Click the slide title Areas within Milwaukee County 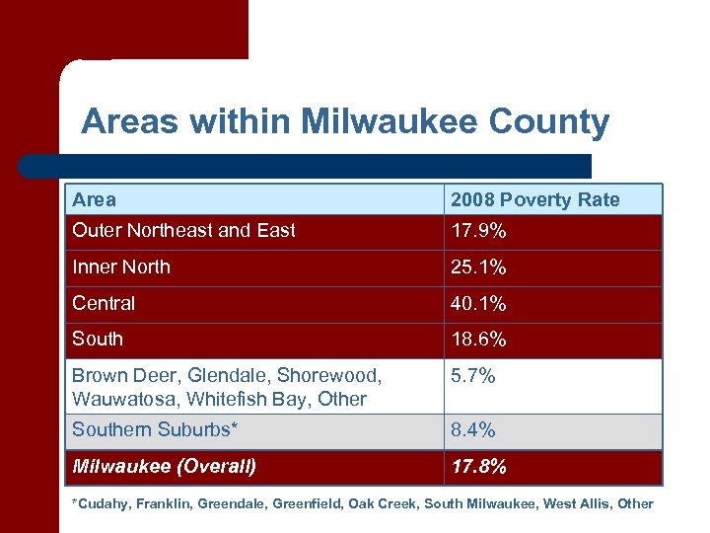[345, 122]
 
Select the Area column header [94, 199]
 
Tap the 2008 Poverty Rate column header [534, 199]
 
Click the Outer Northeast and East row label [183, 231]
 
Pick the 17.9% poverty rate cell [478, 231]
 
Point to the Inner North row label [120, 267]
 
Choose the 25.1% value [478, 267]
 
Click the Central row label [104, 303]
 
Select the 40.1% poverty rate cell [478, 303]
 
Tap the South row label [98, 340]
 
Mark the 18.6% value [478, 340]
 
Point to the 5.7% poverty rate [473, 376]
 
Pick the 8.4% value [473, 430]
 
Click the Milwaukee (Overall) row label [164, 466]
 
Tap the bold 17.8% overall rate [478, 466]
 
